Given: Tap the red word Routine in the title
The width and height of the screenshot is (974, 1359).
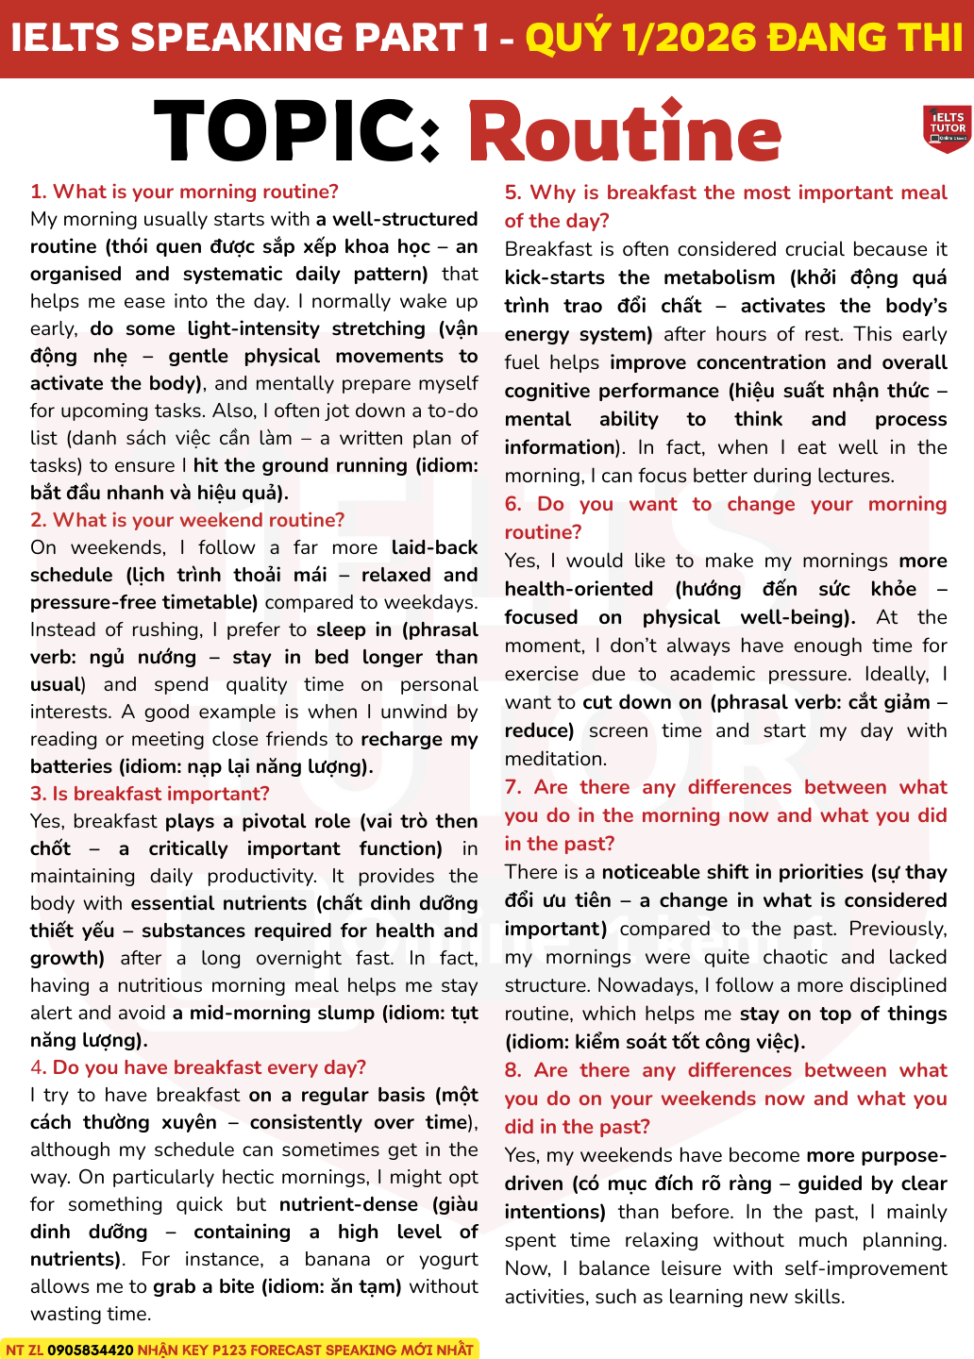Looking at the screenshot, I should [x=624, y=133].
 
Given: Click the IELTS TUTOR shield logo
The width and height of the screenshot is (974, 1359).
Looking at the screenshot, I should [x=947, y=127].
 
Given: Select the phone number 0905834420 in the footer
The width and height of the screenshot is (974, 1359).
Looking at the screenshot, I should [x=91, y=1350].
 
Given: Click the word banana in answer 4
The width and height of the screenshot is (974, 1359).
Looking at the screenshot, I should [x=337, y=1259].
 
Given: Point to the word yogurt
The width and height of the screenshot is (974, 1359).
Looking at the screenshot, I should [x=448, y=1259].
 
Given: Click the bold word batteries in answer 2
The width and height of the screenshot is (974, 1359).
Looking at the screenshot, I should [x=71, y=766].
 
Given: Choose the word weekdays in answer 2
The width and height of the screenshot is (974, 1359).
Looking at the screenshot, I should [x=438, y=602].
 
